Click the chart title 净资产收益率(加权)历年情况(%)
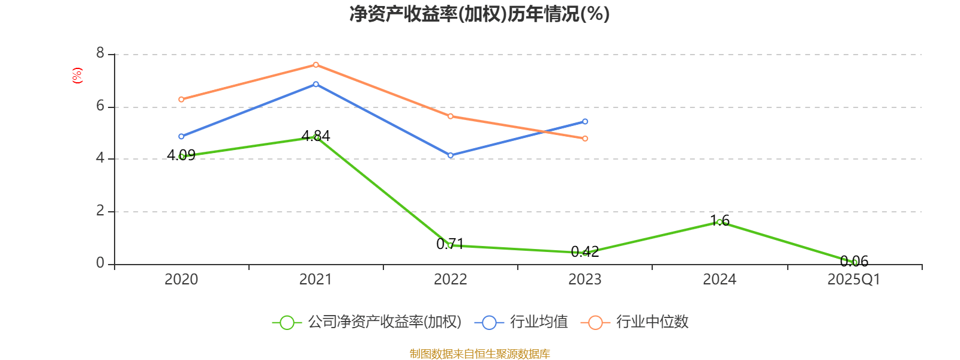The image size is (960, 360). (479, 14)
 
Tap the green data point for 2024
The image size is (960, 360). (719, 222)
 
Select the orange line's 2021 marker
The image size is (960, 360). (316, 65)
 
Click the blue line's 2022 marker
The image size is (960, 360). (451, 155)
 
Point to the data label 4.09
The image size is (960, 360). (181, 155)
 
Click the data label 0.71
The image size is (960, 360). (450, 244)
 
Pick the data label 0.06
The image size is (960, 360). (854, 262)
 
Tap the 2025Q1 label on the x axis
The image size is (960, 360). (853, 280)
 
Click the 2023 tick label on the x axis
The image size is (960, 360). (584, 280)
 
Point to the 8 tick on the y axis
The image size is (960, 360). (100, 54)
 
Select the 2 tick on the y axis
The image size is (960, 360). (100, 211)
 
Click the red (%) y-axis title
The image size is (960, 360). (77, 76)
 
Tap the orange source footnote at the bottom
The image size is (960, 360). (479, 354)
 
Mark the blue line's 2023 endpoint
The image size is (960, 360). (585, 122)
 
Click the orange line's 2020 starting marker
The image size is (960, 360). (181, 100)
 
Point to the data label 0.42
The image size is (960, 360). (585, 252)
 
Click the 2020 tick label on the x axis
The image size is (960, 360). (181, 280)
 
